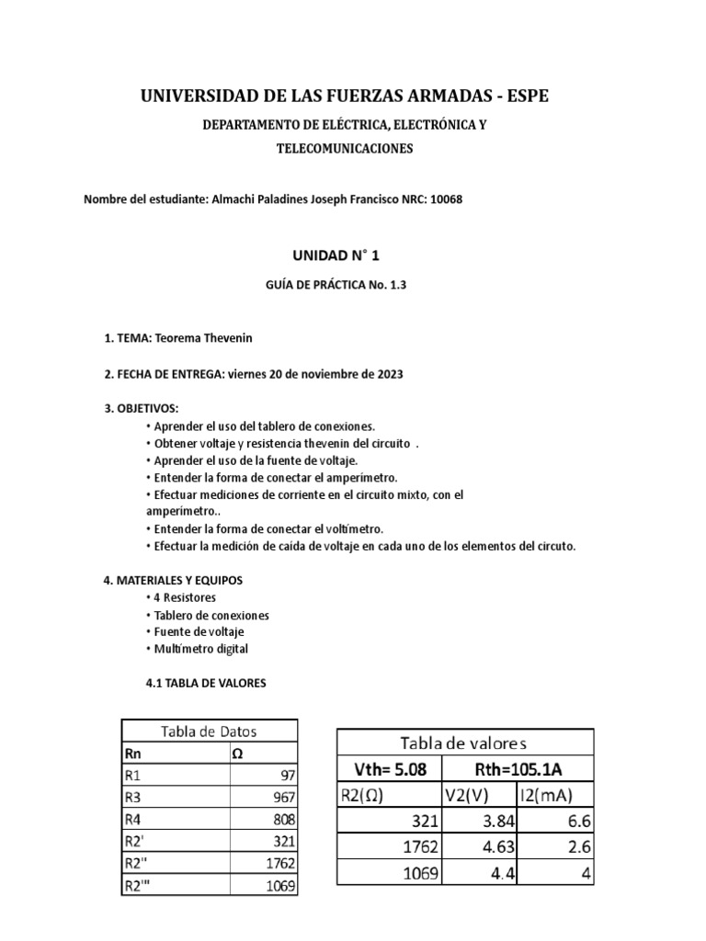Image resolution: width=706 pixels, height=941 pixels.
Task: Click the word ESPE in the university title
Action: click(x=527, y=96)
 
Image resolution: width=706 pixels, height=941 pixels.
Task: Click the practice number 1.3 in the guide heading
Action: click(x=395, y=286)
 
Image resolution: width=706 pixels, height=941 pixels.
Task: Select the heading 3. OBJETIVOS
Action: click(x=142, y=408)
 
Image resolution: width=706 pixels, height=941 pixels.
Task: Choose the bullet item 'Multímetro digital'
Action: click(x=196, y=649)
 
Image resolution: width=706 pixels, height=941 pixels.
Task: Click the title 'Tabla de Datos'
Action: click(x=209, y=731)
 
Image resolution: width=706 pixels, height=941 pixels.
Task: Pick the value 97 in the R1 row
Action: click(x=284, y=776)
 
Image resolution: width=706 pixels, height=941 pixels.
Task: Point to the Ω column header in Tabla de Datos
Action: click(x=236, y=754)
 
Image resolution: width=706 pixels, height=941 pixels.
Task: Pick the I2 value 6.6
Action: click(x=575, y=821)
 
